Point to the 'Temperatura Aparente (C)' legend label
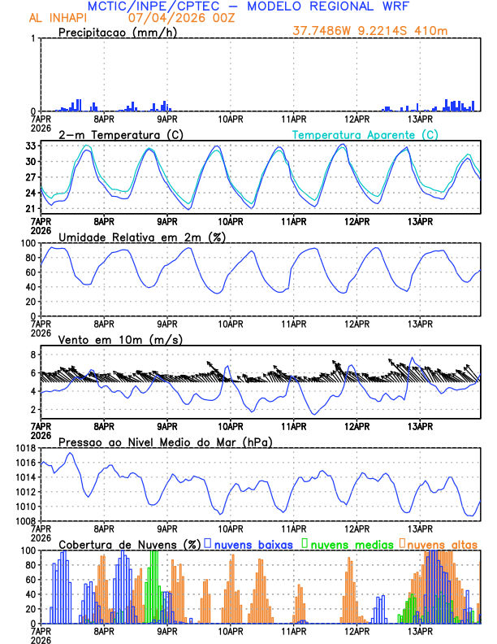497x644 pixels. pos(365,134)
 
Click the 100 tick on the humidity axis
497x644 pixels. pos(26,243)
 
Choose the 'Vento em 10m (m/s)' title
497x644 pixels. pos(120,339)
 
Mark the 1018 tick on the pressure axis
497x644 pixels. pos(22,448)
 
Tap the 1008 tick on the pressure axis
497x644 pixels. pos(22,520)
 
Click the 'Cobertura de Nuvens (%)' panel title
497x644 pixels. pos(129,543)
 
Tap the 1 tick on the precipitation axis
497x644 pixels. pos(32,39)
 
